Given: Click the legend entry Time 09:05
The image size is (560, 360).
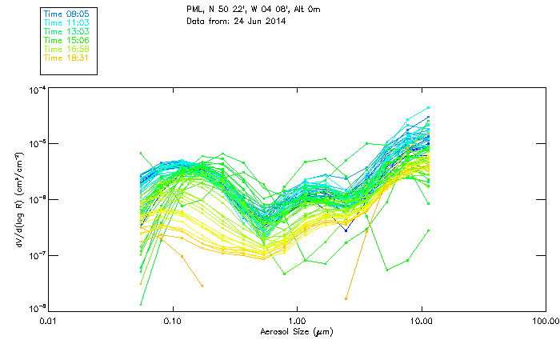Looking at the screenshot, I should [x=66, y=13].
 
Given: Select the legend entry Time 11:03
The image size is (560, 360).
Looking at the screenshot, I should [x=66, y=22].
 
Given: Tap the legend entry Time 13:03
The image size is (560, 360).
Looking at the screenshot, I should [x=66, y=30].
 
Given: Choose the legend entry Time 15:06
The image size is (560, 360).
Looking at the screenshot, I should [x=66, y=39].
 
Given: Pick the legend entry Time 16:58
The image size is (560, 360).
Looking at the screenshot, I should [x=66, y=49].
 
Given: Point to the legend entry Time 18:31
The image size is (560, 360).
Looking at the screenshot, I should [x=66, y=58].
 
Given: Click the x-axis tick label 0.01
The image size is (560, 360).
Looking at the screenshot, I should [x=48, y=322].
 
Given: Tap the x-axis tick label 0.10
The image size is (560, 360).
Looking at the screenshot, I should [x=173, y=322].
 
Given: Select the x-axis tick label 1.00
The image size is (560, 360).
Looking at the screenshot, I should [x=298, y=322].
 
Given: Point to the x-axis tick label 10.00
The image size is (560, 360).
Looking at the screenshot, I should [x=421, y=322].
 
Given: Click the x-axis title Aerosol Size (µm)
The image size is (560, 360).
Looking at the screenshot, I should [x=296, y=331].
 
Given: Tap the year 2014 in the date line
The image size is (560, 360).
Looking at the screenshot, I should [x=274, y=21].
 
